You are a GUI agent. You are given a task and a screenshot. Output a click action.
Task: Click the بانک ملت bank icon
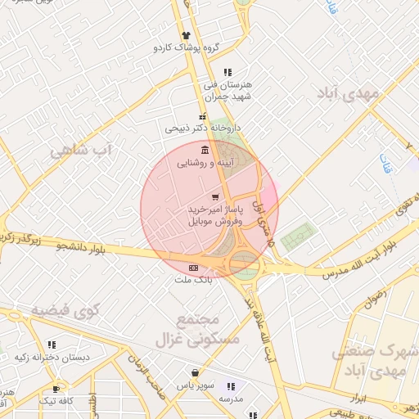point(193,267)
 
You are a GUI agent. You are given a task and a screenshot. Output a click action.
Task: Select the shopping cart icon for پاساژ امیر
point(215,196)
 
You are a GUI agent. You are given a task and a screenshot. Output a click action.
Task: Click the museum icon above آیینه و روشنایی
point(204,151)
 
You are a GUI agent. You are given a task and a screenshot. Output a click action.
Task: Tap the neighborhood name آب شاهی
point(79,151)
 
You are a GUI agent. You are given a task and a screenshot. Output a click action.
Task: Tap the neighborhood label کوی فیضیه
point(65,310)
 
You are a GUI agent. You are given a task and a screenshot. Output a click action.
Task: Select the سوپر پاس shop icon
point(195,371)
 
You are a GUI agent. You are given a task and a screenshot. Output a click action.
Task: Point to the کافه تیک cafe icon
point(56,389)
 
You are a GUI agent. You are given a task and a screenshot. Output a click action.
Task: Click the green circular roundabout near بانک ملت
point(244,263)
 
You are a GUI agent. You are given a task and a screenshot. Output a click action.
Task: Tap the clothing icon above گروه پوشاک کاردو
point(187,35)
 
